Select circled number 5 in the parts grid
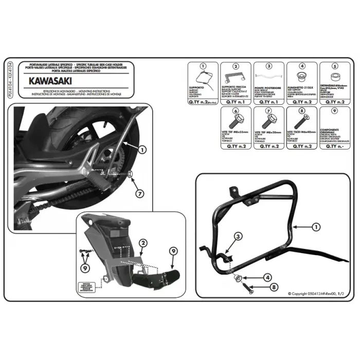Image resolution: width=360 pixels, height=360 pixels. (334, 66)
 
